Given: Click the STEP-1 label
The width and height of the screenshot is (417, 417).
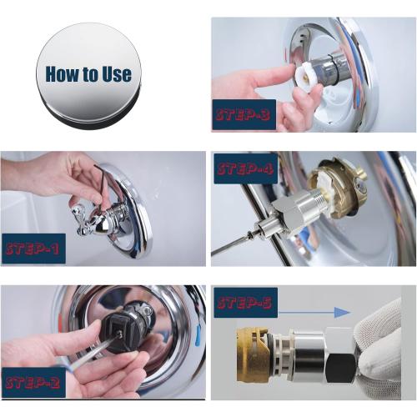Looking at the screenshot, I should point(33,249).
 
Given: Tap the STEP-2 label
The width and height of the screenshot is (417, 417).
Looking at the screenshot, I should point(34,382).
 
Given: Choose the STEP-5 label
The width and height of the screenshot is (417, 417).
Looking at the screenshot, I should point(245,303).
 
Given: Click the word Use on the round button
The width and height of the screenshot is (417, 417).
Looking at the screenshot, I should point(112,73).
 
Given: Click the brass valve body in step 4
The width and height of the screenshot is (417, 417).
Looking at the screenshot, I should point(338,187).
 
